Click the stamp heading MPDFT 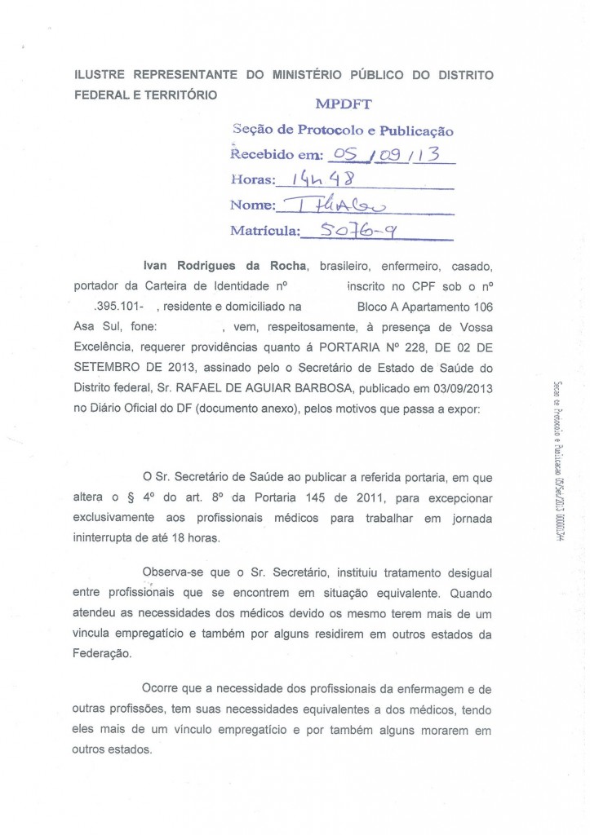coord(344,104)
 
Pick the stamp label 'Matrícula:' coord(264,231)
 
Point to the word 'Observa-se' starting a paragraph coord(171,575)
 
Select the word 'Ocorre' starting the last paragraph coord(161,691)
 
